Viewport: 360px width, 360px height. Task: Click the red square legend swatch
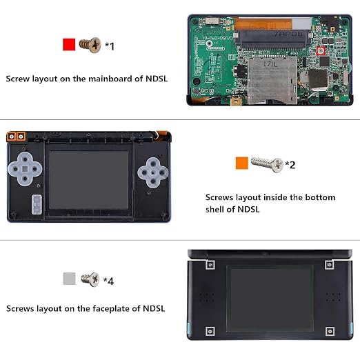[x=69, y=44]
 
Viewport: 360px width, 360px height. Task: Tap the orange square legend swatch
[x=242, y=163]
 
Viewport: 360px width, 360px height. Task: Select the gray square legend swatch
[x=69, y=279]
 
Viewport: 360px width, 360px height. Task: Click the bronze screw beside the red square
[x=90, y=45]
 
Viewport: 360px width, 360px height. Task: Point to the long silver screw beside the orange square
[x=267, y=164]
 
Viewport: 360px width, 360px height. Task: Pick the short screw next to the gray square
[x=90, y=279]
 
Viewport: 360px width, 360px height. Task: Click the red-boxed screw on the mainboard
[x=321, y=50]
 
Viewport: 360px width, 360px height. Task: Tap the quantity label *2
[x=290, y=165]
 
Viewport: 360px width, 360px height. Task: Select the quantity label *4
[x=108, y=281]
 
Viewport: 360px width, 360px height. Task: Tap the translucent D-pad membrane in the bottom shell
[x=25, y=169]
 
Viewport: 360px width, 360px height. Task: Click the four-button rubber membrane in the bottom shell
[x=153, y=172]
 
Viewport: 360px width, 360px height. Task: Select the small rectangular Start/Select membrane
[x=37, y=204]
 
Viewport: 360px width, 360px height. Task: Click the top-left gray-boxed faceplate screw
[x=210, y=265]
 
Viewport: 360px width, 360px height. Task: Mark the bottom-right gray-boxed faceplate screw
[x=330, y=331]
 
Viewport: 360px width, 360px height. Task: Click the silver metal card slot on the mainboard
[x=272, y=80]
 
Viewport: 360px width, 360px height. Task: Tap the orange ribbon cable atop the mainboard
[x=263, y=23]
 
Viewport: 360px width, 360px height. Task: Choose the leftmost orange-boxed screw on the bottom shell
[x=11, y=137]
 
